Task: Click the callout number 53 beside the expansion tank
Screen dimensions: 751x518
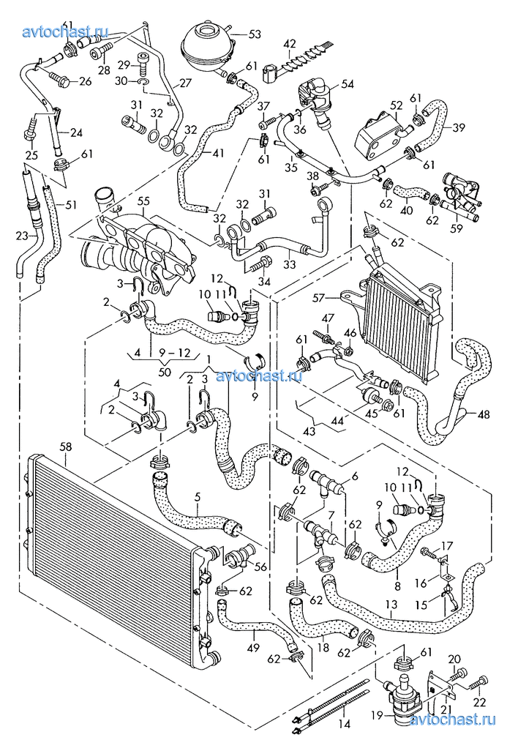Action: [x=255, y=34]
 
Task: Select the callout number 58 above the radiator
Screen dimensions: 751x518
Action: [x=66, y=447]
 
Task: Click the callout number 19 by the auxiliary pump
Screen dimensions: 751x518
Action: [x=378, y=714]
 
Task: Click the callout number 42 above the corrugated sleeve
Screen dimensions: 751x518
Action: [x=290, y=43]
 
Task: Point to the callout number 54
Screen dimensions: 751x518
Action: [x=346, y=84]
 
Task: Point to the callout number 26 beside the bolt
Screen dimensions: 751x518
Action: [x=85, y=81]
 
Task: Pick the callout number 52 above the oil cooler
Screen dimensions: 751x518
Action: [x=396, y=105]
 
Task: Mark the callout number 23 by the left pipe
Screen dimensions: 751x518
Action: [x=20, y=236]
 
